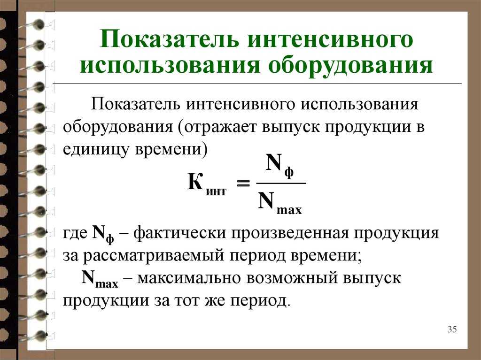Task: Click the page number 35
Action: [452, 329]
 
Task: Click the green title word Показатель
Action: [169, 39]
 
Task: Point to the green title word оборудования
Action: [350, 65]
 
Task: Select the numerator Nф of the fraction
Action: [279, 166]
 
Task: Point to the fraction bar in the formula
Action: [281, 184]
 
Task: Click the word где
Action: [75, 234]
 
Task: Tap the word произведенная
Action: [290, 234]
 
